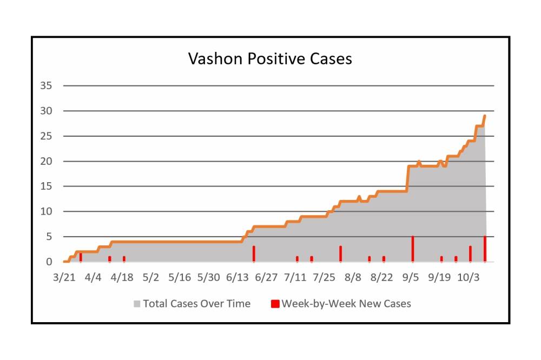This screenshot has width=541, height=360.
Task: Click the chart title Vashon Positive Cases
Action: (x=270, y=58)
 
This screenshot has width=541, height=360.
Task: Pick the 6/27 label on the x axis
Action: (x=266, y=278)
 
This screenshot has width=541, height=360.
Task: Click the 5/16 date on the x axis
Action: (x=180, y=278)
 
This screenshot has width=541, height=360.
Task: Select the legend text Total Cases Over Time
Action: (x=197, y=304)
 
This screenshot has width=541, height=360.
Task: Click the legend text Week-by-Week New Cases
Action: (x=346, y=304)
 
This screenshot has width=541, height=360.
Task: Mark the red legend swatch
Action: (x=275, y=304)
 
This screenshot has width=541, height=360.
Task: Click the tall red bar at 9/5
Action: (x=413, y=249)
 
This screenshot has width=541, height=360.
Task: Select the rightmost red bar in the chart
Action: (x=485, y=249)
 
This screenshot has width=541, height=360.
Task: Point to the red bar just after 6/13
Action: (x=254, y=254)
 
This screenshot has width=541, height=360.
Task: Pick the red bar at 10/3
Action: (x=471, y=254)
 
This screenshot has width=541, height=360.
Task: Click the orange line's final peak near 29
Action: (x=485, y=116)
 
